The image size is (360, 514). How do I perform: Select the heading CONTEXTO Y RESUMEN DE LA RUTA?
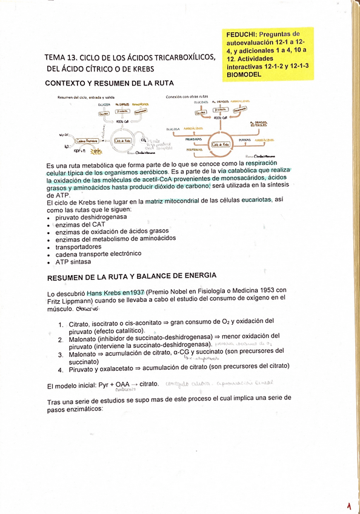[x=110, y=82]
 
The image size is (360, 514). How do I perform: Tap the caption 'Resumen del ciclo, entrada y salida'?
[x=87, y=97]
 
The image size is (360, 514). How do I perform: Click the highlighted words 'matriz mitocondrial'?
[x=176, y=201]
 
